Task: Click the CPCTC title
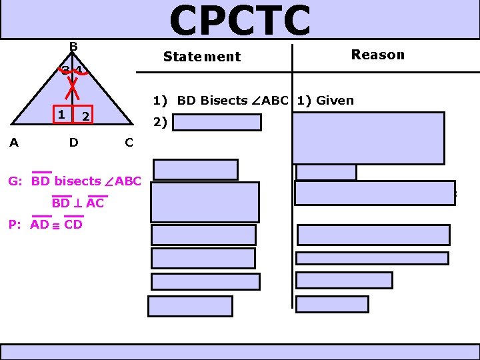[240, 20]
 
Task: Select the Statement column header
[202, 57]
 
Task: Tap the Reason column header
[377, 55]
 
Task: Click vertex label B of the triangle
[73, 46]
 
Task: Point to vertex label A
[13, 142]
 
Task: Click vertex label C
[129, 142]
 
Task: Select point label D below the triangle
[73, 142]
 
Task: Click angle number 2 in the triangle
[85, 117]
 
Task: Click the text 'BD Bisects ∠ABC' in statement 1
[232, 101]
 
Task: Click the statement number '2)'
[159, 122]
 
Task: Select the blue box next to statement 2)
[219, 123]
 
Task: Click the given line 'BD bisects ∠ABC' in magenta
[86, 181]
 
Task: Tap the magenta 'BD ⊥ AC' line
[77, 203]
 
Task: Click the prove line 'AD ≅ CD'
[56, 225]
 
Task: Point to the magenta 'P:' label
[16, 225]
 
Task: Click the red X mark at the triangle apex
[75, 82]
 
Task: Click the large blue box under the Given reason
[368, 138]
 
